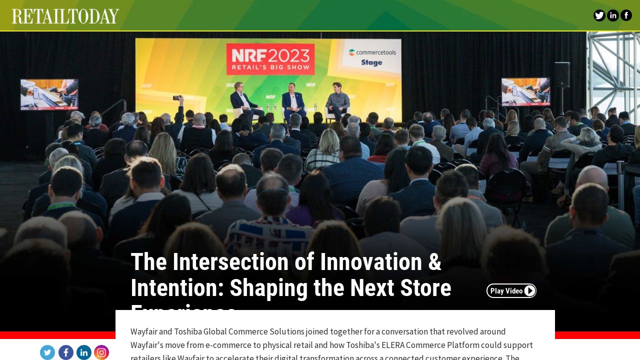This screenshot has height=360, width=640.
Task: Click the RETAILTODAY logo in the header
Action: (65, 16)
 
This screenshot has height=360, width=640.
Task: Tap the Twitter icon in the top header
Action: (599, 15)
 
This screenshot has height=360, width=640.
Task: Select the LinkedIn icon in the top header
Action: (612, 15)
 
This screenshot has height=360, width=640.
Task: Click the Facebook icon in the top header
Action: (626, 15)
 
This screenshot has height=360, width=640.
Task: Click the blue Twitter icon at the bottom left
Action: (47, 352)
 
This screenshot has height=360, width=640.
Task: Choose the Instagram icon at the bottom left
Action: (101, 352)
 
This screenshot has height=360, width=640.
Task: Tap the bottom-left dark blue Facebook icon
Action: (66, 352)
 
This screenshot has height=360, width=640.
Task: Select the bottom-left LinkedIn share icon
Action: (84, 352)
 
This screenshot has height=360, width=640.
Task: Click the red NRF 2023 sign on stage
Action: (270, 58)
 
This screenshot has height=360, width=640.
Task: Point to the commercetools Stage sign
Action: (372, 57)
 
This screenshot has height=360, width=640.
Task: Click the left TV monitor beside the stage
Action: (49, 94)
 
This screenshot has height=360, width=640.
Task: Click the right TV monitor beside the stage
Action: (525, 91)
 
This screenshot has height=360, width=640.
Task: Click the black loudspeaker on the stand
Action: (562, 75)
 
